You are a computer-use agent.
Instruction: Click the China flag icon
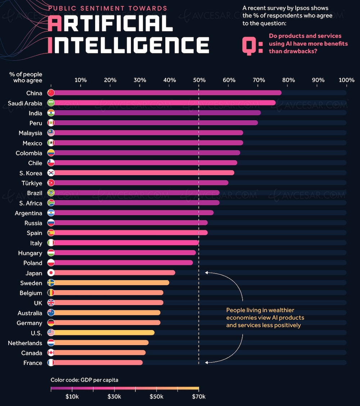tap(51, 93)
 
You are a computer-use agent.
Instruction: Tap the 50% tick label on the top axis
tap(199, 80)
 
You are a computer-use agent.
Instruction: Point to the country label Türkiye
tap(32, 183)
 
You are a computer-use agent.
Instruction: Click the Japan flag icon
tap(51, 273)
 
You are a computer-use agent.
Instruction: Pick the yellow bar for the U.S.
tap(104, 333)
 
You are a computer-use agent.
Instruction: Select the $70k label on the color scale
tap(199, 397)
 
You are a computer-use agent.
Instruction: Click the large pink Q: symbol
tap(252, 45)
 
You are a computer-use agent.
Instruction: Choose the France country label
tap(33, 363)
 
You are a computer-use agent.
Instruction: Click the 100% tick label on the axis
tap(346, 80)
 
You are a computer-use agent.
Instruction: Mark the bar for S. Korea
tap(144, 173)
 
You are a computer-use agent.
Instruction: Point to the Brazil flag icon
tap(51, 193)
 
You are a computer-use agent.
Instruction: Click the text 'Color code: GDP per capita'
tap(84, 380)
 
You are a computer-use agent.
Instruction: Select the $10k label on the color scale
tap(72, 397)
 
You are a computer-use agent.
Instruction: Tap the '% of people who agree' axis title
tap(26, 77)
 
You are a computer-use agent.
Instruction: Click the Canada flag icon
tap(51, 353)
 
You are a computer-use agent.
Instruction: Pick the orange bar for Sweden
tap(112, 283)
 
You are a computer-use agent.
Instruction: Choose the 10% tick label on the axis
tap(80, 80)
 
